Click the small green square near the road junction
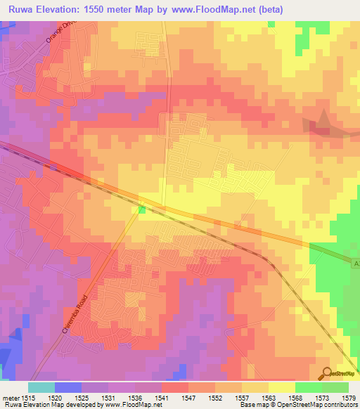pos(142,209)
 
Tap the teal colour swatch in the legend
pos(41,387)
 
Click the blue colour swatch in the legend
pos(68,387)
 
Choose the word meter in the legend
pos(9,398)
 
